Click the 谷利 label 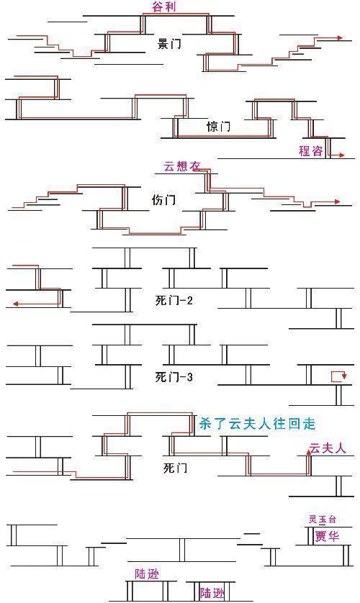[164, 7]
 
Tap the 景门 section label [169, 43]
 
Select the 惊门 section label [218, 126]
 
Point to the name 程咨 [311, 150]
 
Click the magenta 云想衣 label [182, 166]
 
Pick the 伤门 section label [164, 199]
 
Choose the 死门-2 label [174, 300]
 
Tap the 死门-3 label [174, 376]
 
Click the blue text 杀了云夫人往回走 [257, 423]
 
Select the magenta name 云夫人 [328, 448]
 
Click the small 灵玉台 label [323, 519]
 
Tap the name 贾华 [328, 536]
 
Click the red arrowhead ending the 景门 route [340, 37]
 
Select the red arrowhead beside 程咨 [341, 155]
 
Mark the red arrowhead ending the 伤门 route [337, 201]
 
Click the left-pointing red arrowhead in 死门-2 [15, 304]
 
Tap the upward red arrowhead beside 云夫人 [308, 453]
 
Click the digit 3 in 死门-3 [189, 377]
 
